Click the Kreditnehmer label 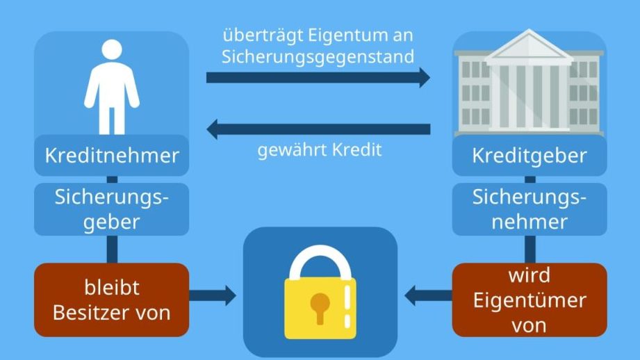[111, 155]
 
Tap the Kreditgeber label [529, 156]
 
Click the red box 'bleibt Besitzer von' [111, 300]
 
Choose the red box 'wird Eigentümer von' [529, 300]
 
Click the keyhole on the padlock [320, 306]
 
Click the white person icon [112, 87]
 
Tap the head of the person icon [112, 50]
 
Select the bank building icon [530, 84]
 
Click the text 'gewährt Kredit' [320, 149]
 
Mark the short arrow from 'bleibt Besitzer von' [212, 296]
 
